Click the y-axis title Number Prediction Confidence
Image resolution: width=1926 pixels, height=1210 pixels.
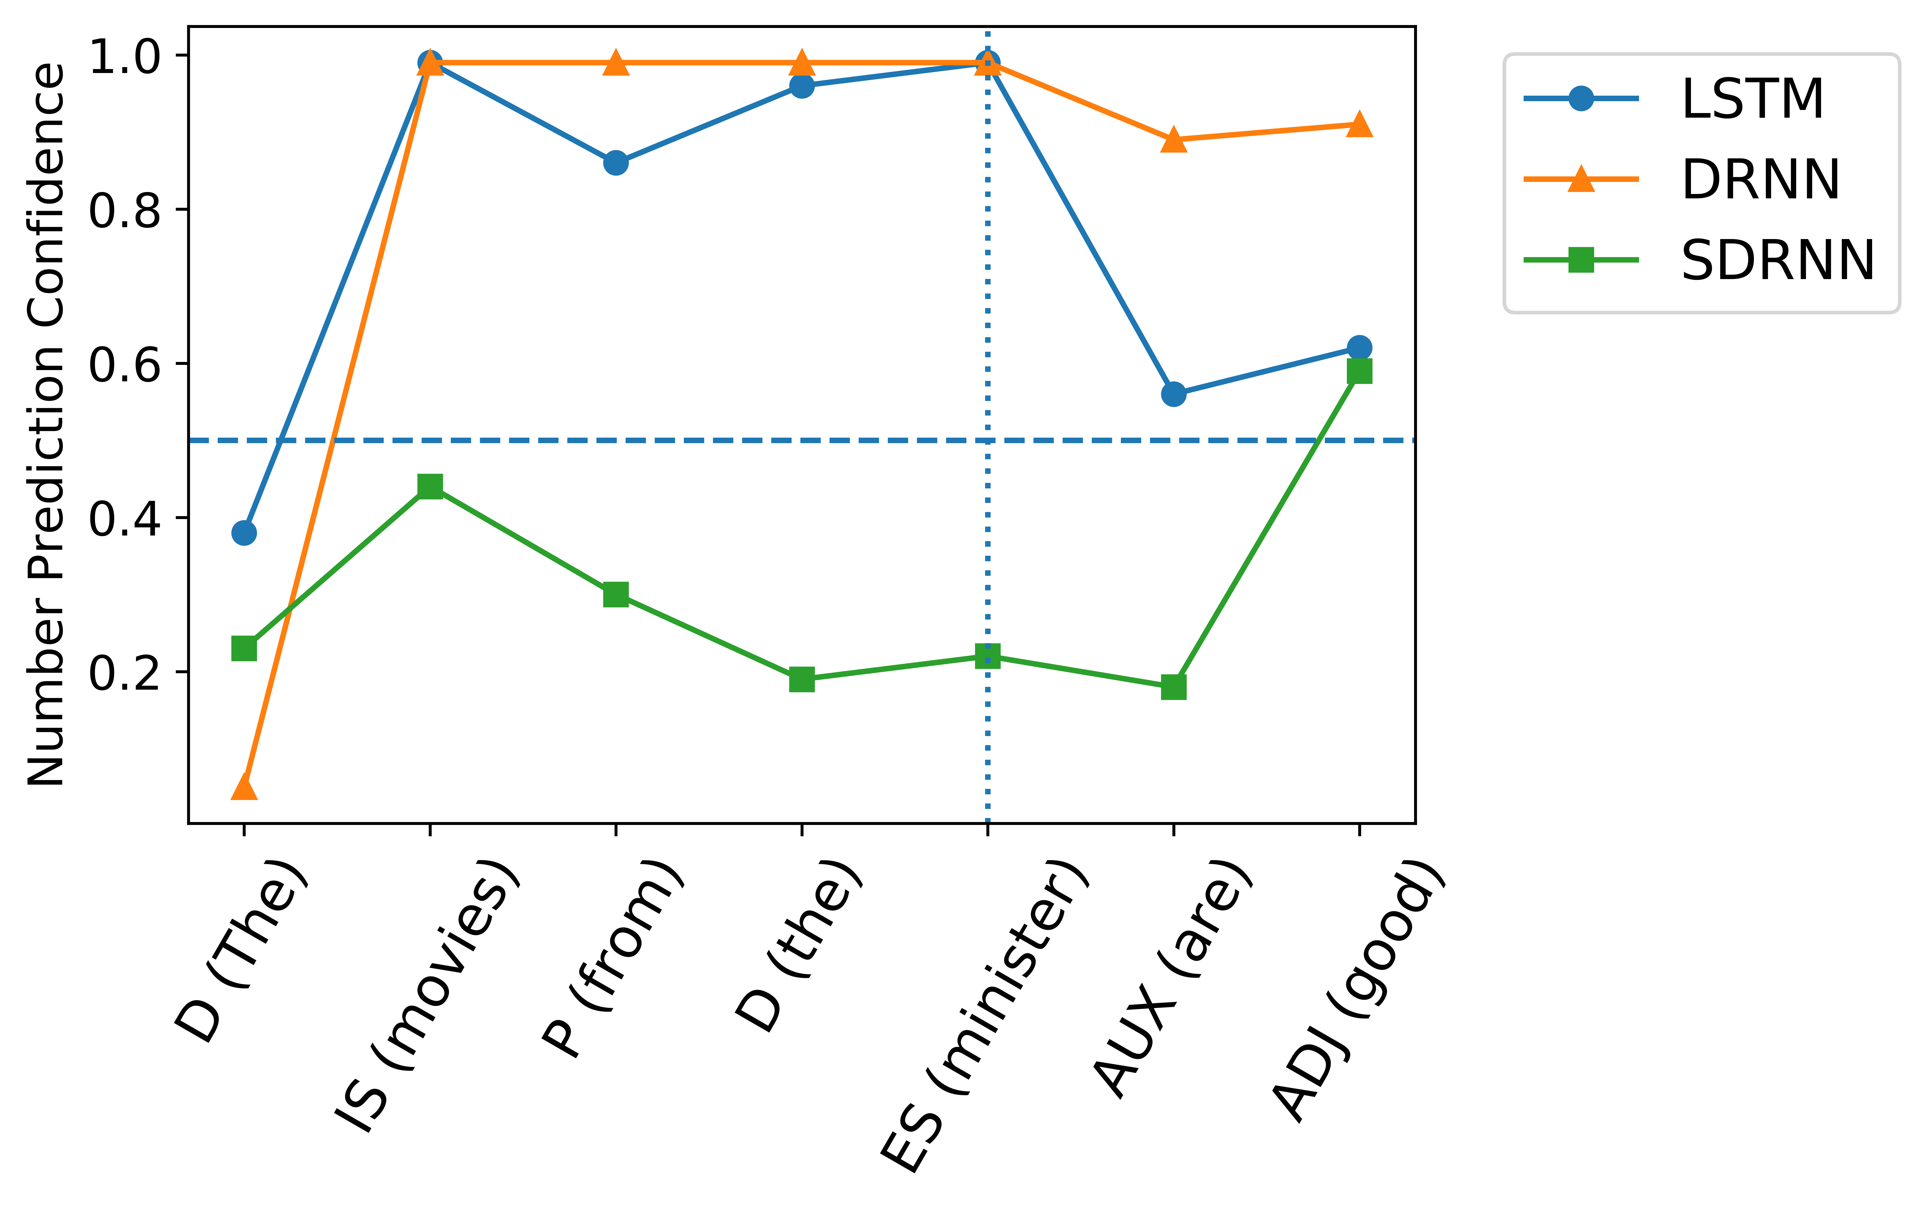click(x=46, y=424)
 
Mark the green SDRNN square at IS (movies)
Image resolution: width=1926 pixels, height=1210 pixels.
click(x=430, y=485)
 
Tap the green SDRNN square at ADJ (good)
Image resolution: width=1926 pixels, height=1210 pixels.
click(x=1359, y=371)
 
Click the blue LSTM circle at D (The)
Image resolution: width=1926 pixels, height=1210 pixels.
click(x=244, y=533)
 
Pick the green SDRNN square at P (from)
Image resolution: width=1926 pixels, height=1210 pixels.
click(x=616, y=594)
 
